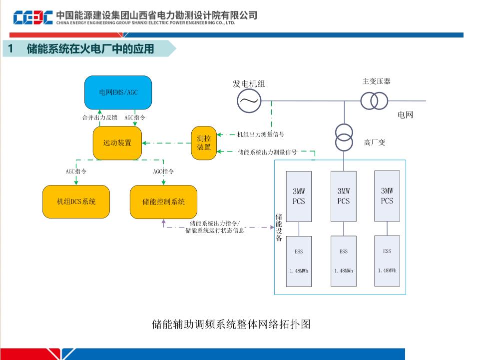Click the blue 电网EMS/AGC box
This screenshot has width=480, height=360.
point(118,92)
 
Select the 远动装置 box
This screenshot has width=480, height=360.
point(117,143)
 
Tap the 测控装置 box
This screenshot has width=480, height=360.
point(204,143)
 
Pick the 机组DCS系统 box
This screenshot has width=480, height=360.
point(76,201)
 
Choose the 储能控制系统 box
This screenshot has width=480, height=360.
point(163,201)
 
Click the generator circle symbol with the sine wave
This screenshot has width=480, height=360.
point(249,101)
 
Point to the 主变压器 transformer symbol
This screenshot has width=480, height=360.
point(374,101)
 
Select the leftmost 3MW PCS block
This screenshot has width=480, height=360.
point(299,196)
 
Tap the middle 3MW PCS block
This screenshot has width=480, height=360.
point(344,196)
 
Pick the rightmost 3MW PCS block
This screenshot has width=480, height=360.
point(387,195)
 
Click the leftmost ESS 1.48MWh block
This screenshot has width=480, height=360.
point(299,261)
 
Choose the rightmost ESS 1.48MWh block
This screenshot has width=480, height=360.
point(387,260)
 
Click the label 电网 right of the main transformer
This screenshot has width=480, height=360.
point(405,115)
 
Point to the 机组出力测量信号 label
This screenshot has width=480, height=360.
point(261,134)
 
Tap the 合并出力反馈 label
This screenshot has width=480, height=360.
point(100,117)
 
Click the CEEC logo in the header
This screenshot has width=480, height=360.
point(33,18)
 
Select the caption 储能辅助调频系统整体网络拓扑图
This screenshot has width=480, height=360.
point(231,324)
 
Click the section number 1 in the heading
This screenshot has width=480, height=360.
point(10,48)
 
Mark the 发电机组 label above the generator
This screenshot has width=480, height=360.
point(249,84)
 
